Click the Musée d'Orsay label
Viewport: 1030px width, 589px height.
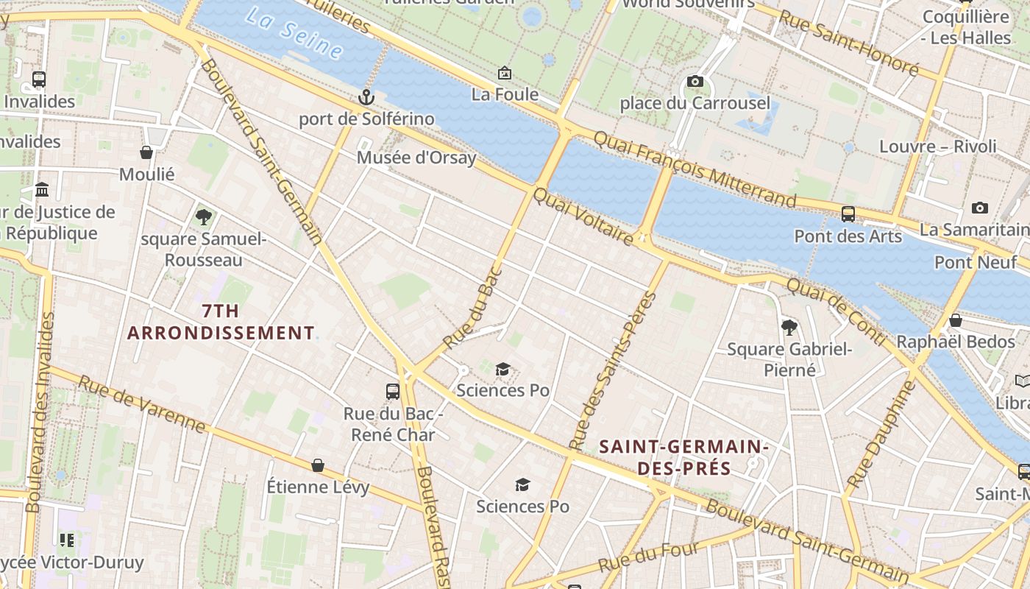pyautogui.click(x=416, y=158)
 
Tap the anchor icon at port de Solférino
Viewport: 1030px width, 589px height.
pyautogui.click(x=366, y=96)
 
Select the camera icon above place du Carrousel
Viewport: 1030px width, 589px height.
pyautogui.click(x=695, y=81)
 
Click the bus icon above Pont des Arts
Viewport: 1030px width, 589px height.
pyautogui.click(x=848, y=214)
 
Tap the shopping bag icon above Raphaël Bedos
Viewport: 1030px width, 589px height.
pyautogui.click(x=955, y=320)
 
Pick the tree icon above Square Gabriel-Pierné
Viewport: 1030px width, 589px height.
pyautogui.click(x=789, y=326)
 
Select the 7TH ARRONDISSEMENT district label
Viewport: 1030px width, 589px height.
pyautogui.click(x=221, y=322)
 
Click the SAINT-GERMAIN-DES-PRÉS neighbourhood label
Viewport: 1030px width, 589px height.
pyautogui.click(x=684, y=457)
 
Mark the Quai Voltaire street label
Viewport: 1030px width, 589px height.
pyautogui.click(x=583, y=216)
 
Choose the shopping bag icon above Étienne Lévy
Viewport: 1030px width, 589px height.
pyautogui.click(x=318, y=465)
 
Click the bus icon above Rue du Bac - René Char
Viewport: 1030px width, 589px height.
pyautogui.click(x=393, y=391)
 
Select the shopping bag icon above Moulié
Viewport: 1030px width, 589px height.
pyautogui.click(x=146, y=152)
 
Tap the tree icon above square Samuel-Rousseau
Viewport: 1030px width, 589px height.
pyautogui.click(x=203, y=216)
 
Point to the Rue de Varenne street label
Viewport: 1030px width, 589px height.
pyautogui.click(x=141, y=404)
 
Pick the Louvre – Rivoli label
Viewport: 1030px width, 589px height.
pyautogui.click(x=938, y=146)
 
